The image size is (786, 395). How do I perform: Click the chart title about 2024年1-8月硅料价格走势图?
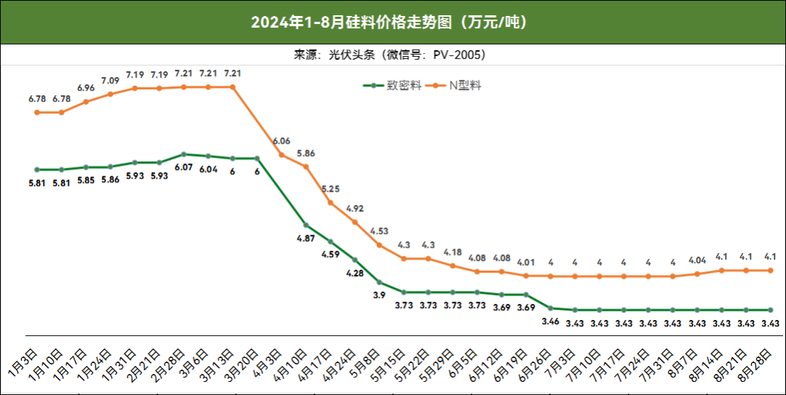click(392, 23)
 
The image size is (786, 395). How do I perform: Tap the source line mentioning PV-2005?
click(392, 55)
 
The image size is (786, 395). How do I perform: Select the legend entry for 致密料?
click(393, 85)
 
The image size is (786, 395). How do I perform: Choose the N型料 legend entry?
click(456, 85)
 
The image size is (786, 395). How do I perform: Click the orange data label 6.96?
click(86, 88)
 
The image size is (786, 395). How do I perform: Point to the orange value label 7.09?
click(111, 80)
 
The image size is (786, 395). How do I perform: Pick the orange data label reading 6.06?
click(282, 141)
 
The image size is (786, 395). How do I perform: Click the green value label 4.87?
click(306, 238)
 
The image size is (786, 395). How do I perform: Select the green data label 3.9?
click(379, 294)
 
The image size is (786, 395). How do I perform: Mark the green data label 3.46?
click(550, 321)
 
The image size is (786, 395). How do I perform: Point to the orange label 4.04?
click(697, 260)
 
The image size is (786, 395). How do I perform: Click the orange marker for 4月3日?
click(282, 155)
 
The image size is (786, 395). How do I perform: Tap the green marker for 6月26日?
click(550, 308)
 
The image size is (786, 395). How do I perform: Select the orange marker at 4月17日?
click(330, 203)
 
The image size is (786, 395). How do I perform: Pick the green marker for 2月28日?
click(183, 155)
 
